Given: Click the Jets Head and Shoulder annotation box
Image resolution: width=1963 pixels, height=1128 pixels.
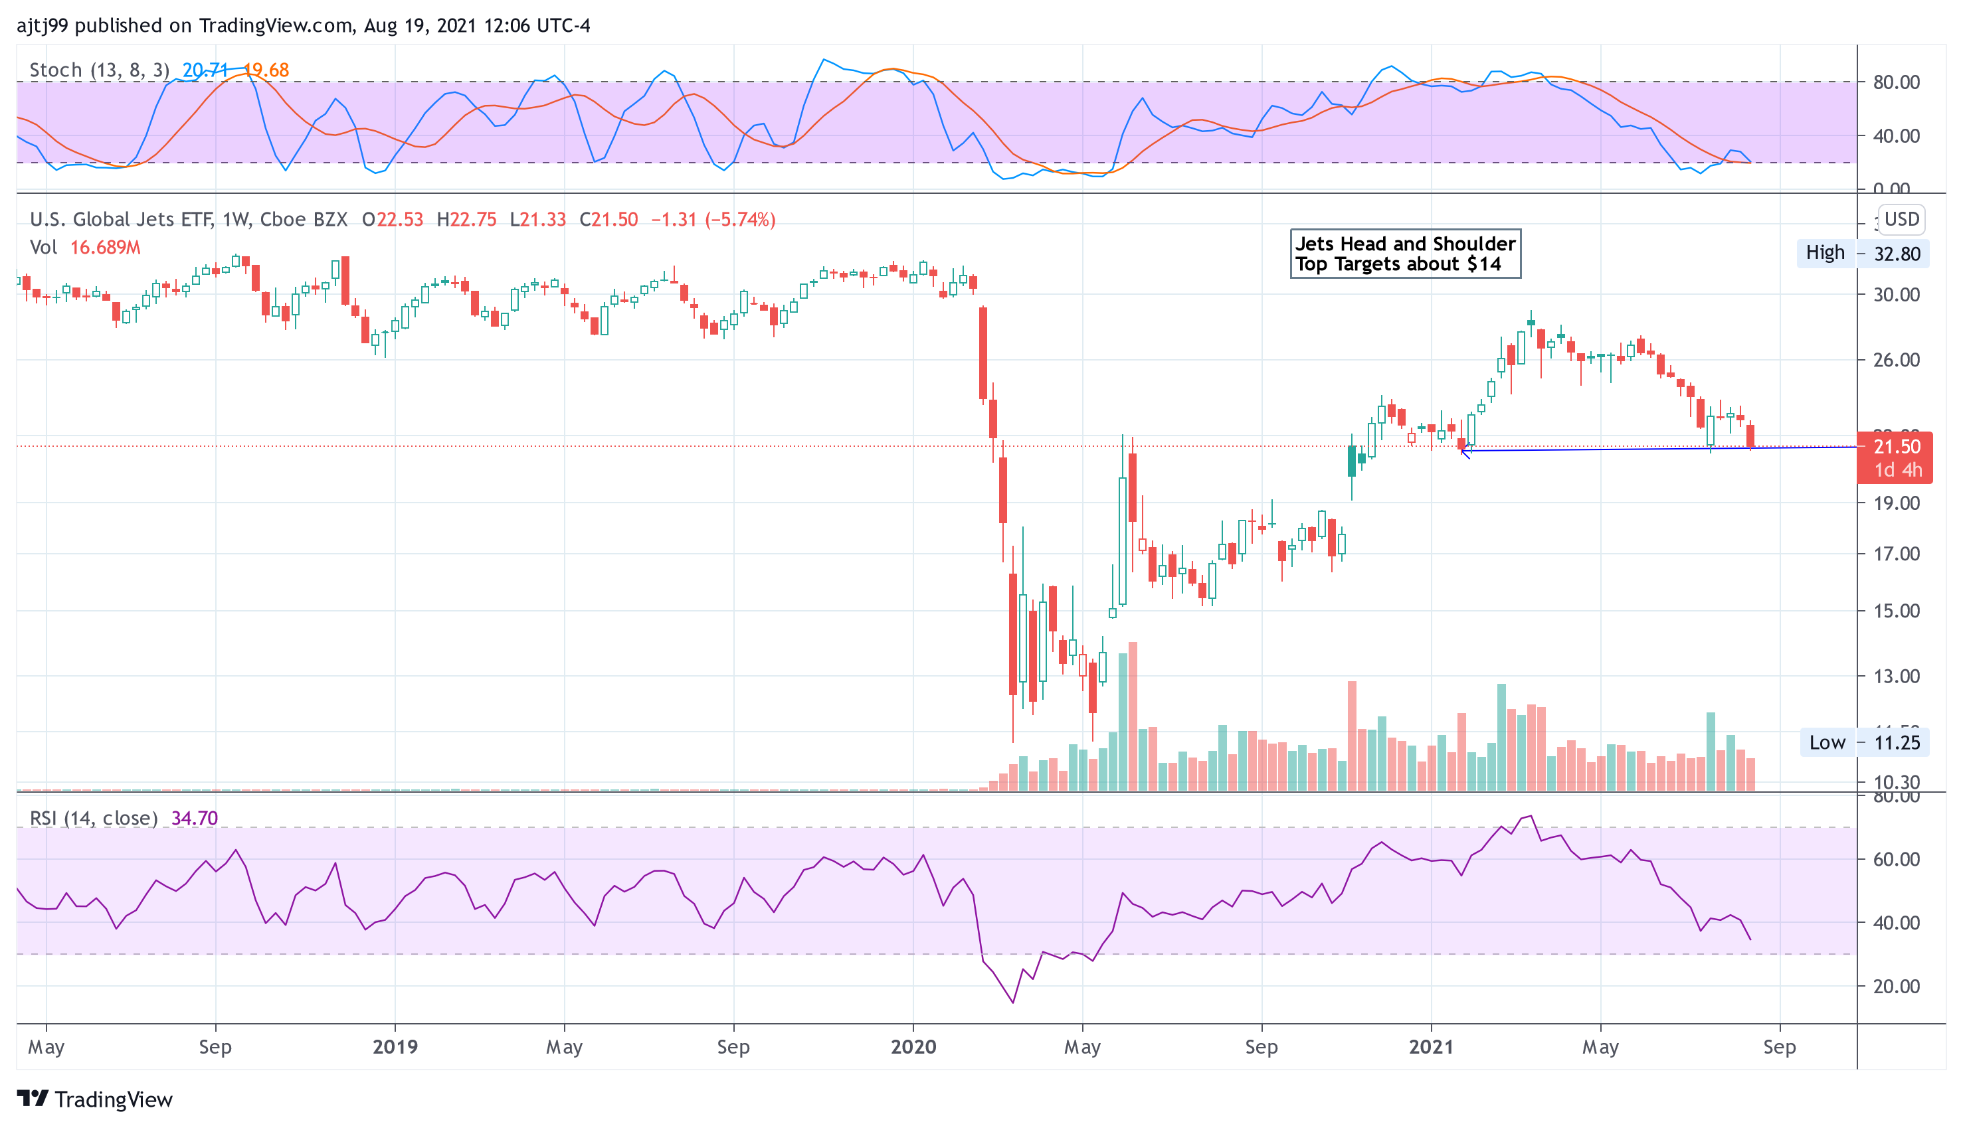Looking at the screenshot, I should pyautogui.click(x=1404, y=254).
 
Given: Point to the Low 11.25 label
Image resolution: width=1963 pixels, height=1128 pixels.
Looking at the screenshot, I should pyautogui.click(x=1864, y=742).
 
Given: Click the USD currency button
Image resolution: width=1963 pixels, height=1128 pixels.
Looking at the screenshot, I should pyautogui.click(x=1901, y=219).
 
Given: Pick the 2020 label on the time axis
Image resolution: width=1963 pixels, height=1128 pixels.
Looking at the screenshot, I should pyautogui.click(x=913, y=1046).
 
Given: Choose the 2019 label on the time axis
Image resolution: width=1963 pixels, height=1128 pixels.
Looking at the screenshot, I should pyautogui.click(x=395, y=1046).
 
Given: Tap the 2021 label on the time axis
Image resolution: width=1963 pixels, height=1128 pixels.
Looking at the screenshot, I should pyautogui.click(x=1431, y=1046).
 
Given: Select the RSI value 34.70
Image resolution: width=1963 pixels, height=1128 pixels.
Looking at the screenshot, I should pyautogui.click(x=195, y=818).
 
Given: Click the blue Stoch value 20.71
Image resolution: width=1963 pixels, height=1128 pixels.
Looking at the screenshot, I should pyautogui.click(x=204, y=70).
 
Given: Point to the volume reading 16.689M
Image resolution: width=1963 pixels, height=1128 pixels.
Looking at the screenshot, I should pyautogui.click(x=106, y=248).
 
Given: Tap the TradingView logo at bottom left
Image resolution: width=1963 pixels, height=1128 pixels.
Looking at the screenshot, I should pyautogui.click(x=94, y=1099).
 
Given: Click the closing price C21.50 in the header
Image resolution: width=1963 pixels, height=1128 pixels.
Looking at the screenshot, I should pyautogui.click(x=608, y=220).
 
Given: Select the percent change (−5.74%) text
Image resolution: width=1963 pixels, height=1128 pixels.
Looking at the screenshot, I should pyautogui.click(x=740, y=220).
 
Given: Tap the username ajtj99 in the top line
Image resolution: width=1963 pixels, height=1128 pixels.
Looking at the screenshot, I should pyautogui.click(x=43, y=26).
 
